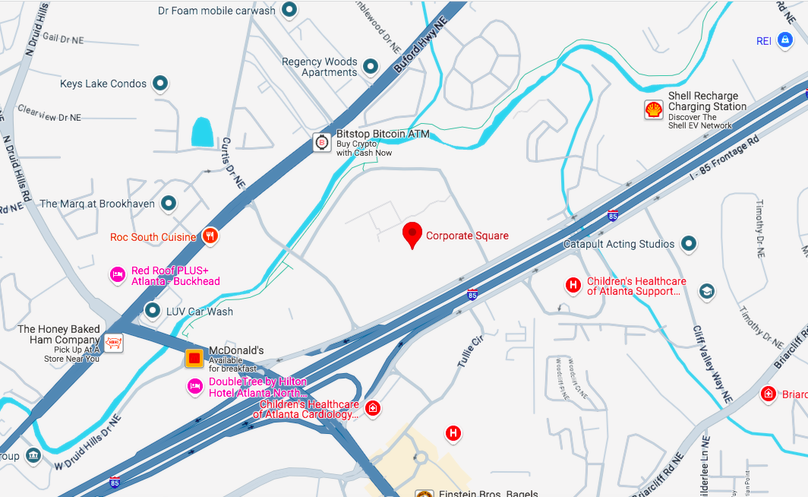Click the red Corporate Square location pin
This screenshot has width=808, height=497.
[412, 233]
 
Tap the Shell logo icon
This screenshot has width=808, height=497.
[653, 109]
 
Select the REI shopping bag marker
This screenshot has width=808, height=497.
[785, 40]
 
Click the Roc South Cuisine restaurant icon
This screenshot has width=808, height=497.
[210, 236]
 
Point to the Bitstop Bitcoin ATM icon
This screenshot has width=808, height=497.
[322, 141]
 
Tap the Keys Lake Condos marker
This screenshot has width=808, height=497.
[160, 83]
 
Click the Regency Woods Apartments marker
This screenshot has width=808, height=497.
[371, 67]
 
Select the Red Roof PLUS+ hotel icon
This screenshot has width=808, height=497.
[117, 274]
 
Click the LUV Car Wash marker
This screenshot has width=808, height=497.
[153, 310]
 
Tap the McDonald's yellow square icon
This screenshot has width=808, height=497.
[194, 358]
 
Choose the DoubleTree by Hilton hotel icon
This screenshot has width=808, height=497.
[195, 387]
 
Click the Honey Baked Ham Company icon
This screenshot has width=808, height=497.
[113, 343]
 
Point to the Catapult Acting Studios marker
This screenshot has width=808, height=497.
[688, 243]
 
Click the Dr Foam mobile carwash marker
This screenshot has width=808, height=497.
[289, 10]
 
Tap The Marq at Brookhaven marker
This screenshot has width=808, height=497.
[169, 203]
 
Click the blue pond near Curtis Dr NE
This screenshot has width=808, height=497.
[203, 132]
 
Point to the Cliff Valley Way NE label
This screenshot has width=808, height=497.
[712, 363]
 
